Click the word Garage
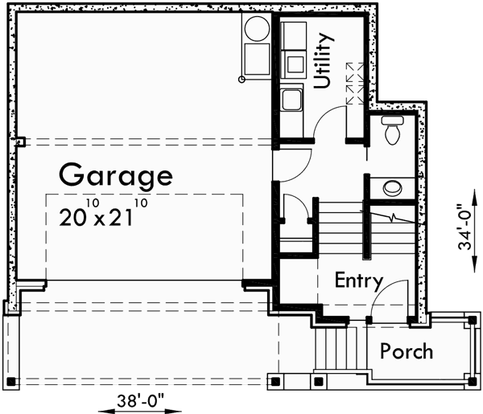click(x=115, y=174)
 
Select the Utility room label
click(x=323, y=60)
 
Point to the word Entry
click(x=358, y=281)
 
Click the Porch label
click(x=407, y=351)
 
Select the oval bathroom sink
click(x=393, y=188)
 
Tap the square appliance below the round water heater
click(x=258, y=59)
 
